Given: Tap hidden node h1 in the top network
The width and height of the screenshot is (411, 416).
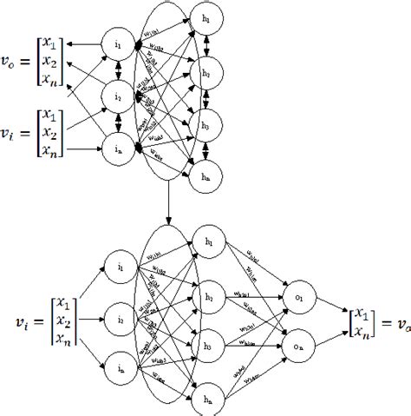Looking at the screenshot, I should pyautogui.click(x=206, y=20).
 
